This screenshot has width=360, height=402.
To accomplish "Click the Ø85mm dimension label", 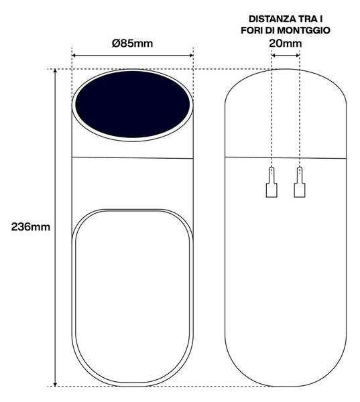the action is click(132, 44).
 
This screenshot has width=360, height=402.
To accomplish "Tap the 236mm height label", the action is click(31, 227).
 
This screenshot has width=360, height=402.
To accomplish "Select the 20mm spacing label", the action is click(286, 44).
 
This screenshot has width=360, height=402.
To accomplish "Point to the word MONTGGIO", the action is click(304, 30).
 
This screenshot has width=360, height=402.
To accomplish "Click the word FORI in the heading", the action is click(252, 30).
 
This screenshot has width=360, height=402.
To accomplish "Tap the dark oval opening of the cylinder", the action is click(132, 105).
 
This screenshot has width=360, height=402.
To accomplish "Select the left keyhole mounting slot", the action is click(272, 182).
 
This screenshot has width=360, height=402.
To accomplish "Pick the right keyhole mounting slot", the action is click(300, 182).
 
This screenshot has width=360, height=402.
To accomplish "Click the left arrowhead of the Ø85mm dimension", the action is click(74, 55).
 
